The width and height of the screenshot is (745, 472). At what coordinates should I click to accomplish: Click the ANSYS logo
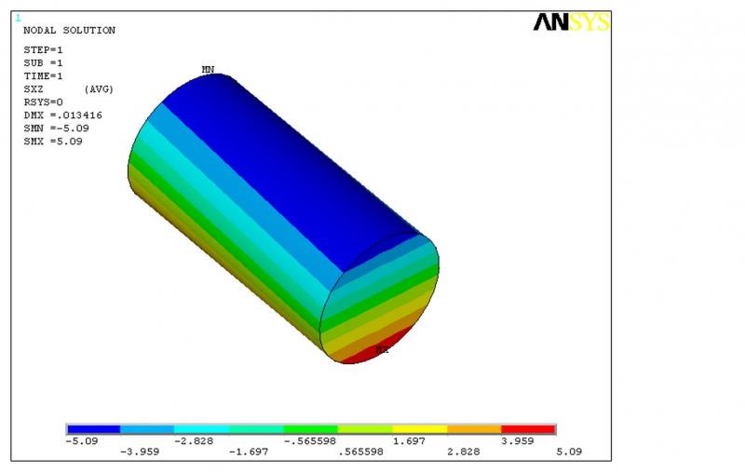tap(572, 22)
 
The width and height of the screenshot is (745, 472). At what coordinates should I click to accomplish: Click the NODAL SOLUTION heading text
tap(69, 31)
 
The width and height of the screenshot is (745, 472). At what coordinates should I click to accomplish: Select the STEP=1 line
tap(43, 50)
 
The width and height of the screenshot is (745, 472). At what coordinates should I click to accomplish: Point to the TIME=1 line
tap(43, 76)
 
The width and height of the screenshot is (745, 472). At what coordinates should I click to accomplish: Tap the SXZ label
tap(34, 89)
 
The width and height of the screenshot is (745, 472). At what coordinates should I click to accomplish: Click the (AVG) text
tap(99, 89)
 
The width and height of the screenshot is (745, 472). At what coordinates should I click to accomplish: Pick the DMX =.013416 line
tap(62, 115)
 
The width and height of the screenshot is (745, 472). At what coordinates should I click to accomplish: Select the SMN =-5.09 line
tap(56, 128)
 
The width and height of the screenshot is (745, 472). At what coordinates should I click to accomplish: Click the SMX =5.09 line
tap(53, 142)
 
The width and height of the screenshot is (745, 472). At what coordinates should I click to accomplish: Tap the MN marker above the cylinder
tap(208, 69)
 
